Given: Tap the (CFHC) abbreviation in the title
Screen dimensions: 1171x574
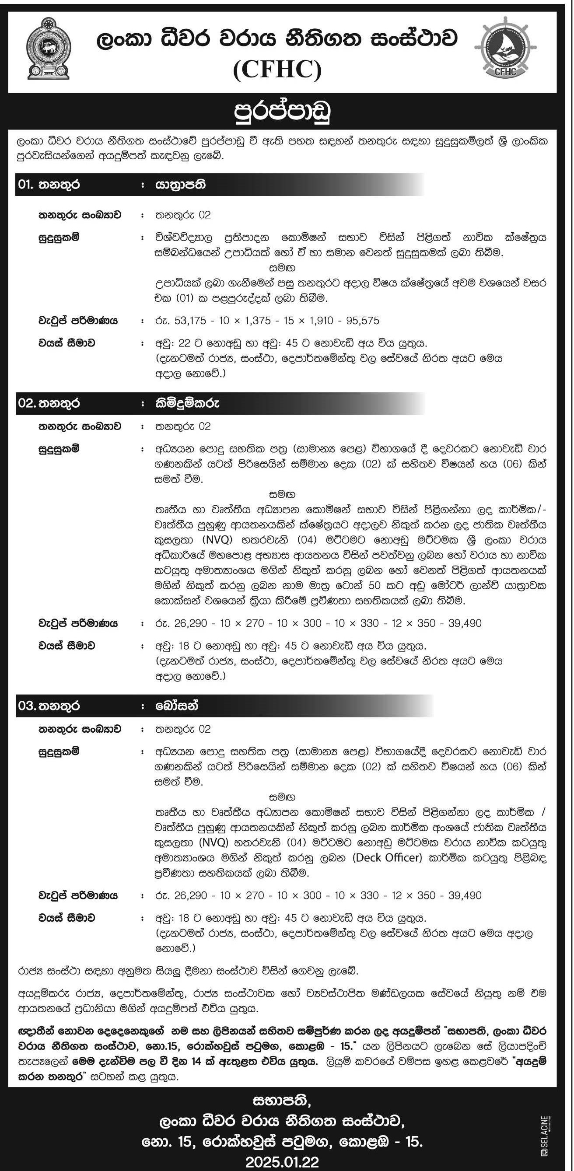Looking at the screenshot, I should click(277, 70).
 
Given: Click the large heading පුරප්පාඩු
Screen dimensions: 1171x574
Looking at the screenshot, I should click(282, 112).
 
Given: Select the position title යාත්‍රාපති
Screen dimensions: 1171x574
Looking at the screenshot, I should click(180, 185).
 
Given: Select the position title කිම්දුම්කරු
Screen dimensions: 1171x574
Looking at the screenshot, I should click(187, 403).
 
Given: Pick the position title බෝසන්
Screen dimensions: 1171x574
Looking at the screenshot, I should click(176, 706).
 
